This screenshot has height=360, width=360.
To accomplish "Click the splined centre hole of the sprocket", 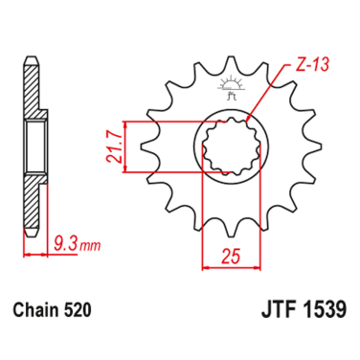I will pyautogui.click(x=228, y=149).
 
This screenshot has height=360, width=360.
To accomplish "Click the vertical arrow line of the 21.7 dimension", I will pyautogui.click(x=126, y=149).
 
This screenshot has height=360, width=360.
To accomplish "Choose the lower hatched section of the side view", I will pyautogui.click(x=33, y=206).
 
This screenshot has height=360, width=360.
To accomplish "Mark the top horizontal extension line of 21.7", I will pyautogui.click(x=163, y=124).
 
